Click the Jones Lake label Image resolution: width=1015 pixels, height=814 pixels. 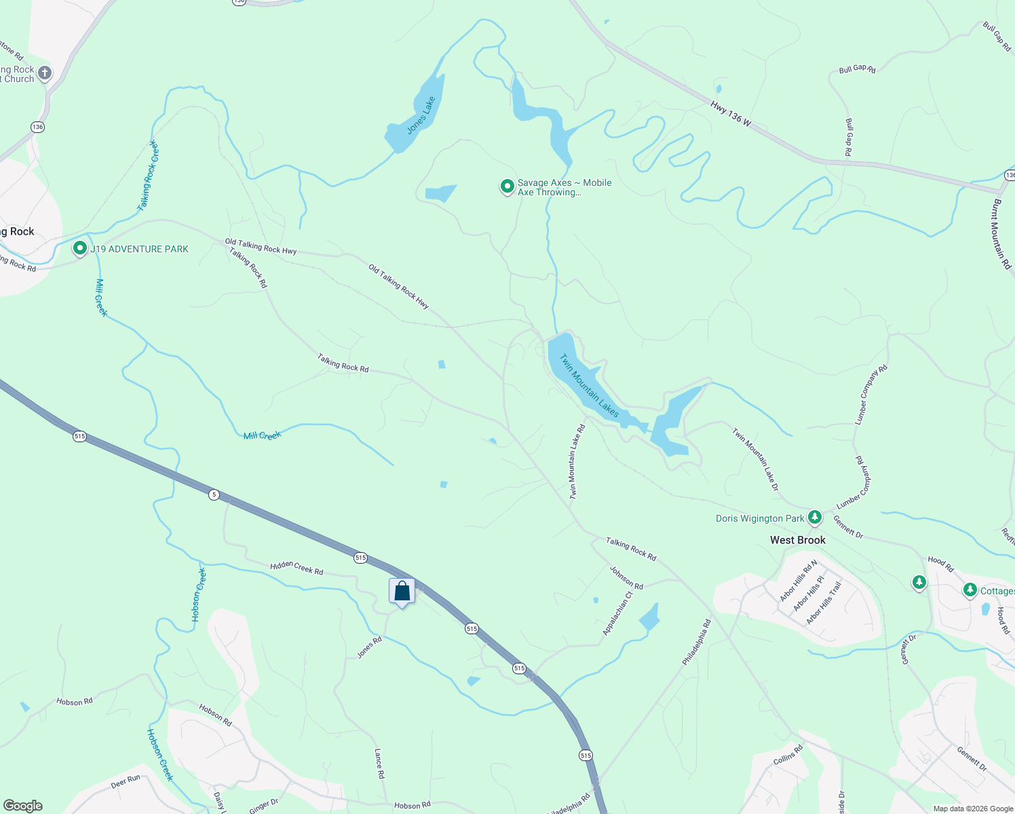click(421, 115)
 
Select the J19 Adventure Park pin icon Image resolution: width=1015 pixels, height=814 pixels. click(80, 248)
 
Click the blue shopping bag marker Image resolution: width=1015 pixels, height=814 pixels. click(402, 591)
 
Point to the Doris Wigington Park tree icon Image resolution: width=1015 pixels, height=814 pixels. click(815, 518)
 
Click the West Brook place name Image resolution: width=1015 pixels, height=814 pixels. click(798, 540)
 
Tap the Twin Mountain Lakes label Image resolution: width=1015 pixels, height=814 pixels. click(589, 385)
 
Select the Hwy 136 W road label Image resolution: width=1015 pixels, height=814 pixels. click(731, 113)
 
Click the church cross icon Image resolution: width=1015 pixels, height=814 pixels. click(45, 73)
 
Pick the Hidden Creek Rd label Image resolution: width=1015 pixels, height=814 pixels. click(296, 568)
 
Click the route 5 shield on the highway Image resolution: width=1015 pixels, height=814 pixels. click(214, 495)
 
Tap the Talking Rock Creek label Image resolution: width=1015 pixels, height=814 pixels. click(147, 176)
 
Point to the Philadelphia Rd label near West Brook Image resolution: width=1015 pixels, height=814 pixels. click(697, 642)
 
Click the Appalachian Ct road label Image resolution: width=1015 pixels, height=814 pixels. click(617, 613)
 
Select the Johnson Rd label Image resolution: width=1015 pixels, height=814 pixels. click(626, 577)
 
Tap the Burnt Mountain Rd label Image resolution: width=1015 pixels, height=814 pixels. click(1001, 234)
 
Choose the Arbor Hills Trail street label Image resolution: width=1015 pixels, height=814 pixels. click(824, 603)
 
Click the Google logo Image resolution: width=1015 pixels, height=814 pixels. click(23, 806)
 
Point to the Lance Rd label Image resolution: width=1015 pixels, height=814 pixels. click(379, 763)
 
